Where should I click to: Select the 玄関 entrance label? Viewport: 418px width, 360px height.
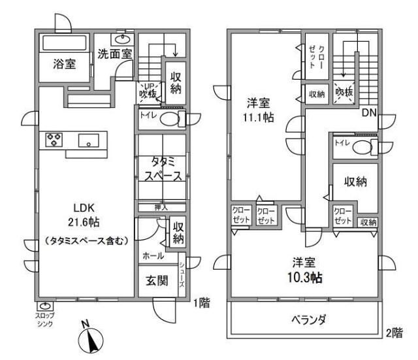[x=155, y=282]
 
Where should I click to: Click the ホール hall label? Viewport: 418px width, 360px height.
[x=152, y=257]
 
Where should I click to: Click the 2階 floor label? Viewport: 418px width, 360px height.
[x=394, y=332]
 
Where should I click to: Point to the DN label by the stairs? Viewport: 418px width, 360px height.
[x=369, y=112]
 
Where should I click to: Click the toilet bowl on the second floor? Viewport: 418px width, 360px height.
[x=361, y=148]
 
